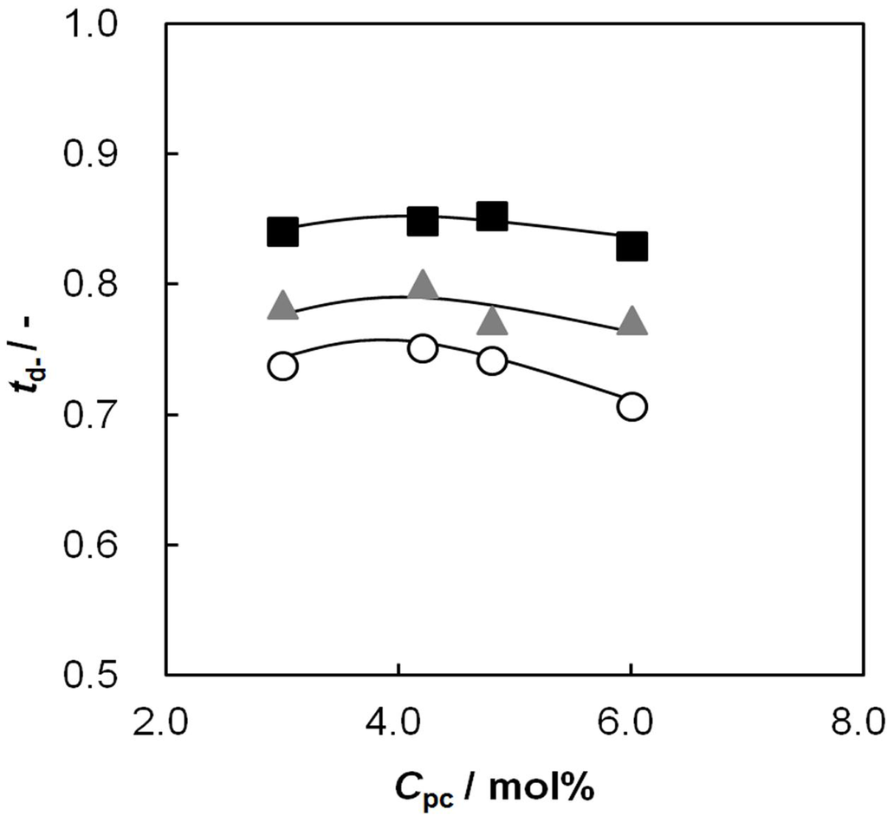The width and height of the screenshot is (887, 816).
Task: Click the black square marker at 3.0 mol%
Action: (x=282, y=232)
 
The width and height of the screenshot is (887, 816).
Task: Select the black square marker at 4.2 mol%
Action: (x=423, y=222)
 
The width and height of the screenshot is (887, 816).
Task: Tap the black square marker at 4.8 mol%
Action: (x=492, y=216)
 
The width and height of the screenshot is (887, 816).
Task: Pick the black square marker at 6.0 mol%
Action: (x=632, y=246)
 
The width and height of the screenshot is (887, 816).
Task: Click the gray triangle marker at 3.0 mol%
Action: (x=282, y=306)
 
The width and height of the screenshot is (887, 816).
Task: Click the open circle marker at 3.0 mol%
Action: (x=282, y=366)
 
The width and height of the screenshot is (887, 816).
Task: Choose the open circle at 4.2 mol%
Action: (x=423, y=348)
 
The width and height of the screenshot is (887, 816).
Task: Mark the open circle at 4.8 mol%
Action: (x=492, y=361)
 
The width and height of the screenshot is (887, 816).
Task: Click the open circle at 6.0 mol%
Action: (x=632, y=406)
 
